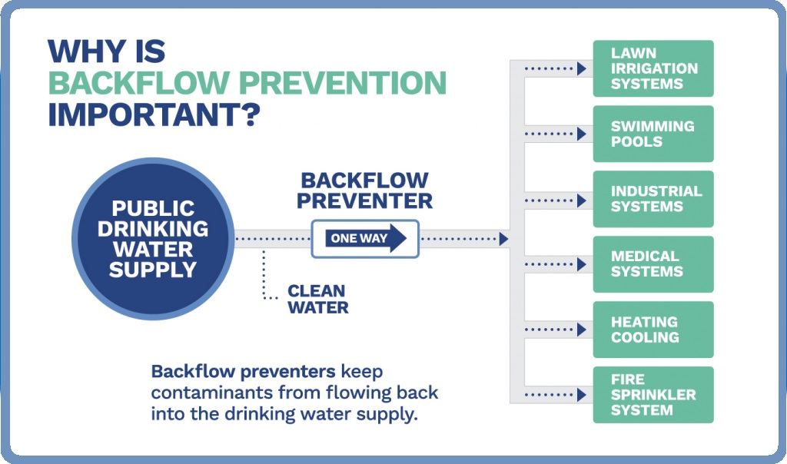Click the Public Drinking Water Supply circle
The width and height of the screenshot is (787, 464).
pos(152,238)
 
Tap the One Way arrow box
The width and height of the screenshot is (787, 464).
pos(364,238)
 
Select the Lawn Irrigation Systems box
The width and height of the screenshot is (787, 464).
pos(653,68)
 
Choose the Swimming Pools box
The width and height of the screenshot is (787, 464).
pos(653,134)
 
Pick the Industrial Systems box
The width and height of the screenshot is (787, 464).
pos(653,199)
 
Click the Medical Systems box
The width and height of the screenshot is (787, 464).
pos(653,264)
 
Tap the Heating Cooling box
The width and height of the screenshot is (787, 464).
pos(653,330)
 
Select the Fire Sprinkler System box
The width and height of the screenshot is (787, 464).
pos(653,395)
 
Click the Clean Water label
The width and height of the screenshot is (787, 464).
pos(317,300)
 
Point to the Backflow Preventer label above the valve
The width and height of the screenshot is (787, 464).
pos(364,191)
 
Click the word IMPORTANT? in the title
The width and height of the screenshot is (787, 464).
pos(154,114)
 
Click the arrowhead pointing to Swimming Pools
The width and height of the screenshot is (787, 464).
pos(582,134)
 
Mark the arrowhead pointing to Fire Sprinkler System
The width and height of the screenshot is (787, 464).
pos(582,396)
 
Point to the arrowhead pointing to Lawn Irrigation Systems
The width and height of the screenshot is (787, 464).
pos(582,69)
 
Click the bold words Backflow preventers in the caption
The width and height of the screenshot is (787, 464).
pos(243,372)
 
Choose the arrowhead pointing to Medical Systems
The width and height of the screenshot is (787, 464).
pos(582,265)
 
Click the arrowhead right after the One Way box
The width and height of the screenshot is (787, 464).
pos(503,239)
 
